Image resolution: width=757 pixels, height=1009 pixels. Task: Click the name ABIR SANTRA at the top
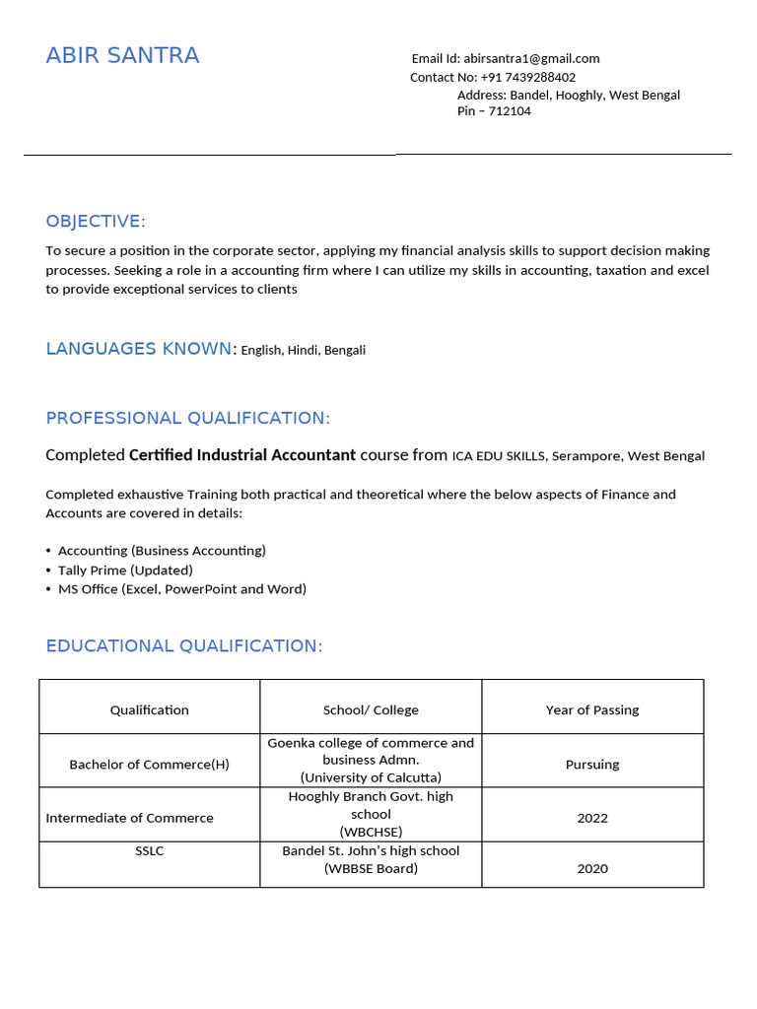click(x=122, y=56)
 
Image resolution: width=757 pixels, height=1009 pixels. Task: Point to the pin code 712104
click(x=508, y=111)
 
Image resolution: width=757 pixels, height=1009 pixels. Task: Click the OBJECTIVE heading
click(x=96, y=221)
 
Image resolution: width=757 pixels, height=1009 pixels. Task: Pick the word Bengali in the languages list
click(x=344, y=350)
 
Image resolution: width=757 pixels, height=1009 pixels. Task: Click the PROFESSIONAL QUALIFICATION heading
click(x=187, y=418)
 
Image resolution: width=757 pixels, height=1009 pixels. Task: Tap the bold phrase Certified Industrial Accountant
click(x=242, y=455)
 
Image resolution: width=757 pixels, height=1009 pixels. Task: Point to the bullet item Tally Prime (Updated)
click(x=125, y=570)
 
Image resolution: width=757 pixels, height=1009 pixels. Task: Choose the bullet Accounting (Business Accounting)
click(x=162, y=551)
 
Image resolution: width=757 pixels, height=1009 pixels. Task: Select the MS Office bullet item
click(x=181, y=589)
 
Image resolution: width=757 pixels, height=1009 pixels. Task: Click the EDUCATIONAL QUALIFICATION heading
click(x=183, y=646)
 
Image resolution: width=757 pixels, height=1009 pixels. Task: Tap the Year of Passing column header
click(x=592, y=709)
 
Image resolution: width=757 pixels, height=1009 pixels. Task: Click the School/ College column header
click(x=371, y=709)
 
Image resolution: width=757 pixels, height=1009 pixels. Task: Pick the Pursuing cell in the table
click(x=592, y=764)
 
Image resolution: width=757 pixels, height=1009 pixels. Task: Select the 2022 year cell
click(x=592, y=818)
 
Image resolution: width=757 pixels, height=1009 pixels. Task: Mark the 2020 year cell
click(x=592, y=868)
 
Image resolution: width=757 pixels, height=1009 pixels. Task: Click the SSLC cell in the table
click(x=150, y=850)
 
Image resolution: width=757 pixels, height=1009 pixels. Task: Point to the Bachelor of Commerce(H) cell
click(x=149, y=765)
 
